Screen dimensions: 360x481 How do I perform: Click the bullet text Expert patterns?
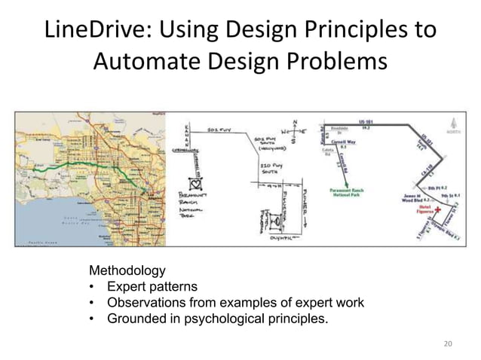coord(152,286)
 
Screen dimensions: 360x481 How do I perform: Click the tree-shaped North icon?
coord(452,127)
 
